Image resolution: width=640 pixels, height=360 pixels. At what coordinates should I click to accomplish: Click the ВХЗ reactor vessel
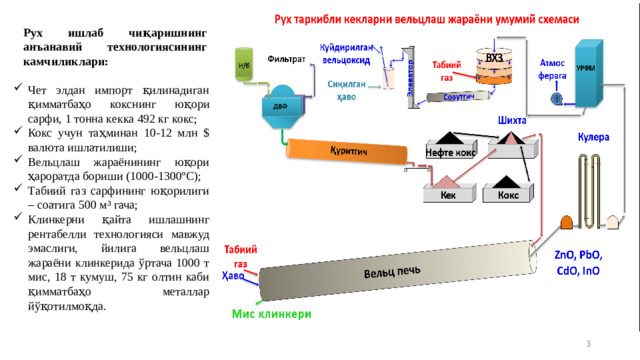492,64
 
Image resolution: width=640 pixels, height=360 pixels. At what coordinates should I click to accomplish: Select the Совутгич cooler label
459,97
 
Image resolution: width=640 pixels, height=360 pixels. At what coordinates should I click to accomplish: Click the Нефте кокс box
451,152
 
